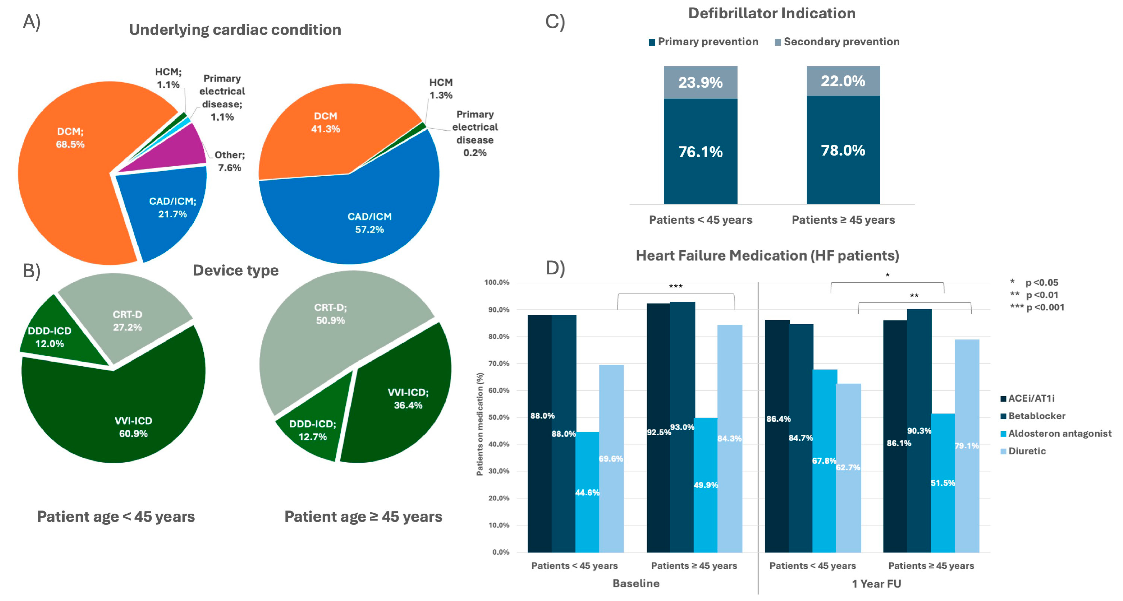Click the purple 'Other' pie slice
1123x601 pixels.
pyautogui.click(x=174, y=151)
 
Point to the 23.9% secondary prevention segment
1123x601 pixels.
pyautogui.click(x=700, y=82)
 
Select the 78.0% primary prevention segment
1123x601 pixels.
pyautogui.click(x=843, y=150)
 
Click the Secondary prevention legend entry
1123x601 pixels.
pyautogui.click(x=837, y=42)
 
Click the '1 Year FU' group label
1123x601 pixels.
pyautogui.click(x=876, y=584)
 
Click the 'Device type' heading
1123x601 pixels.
pyautogui.click(x=235, y=270)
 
